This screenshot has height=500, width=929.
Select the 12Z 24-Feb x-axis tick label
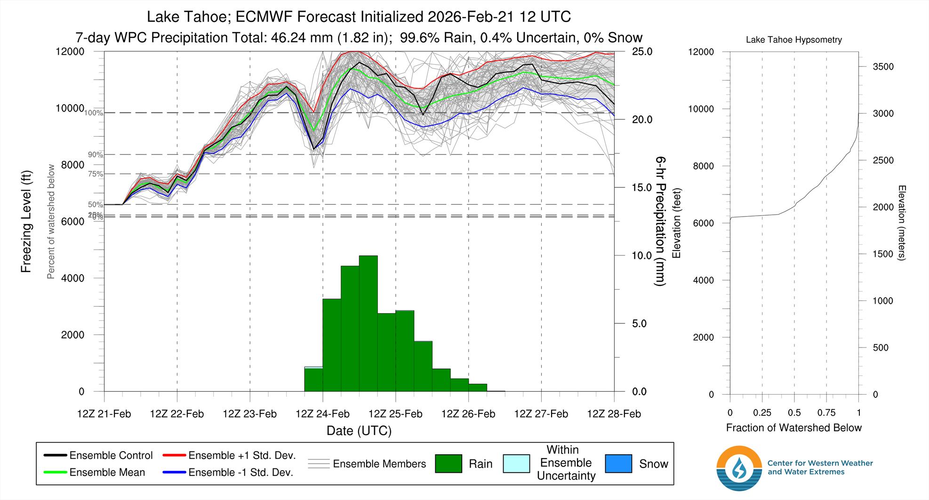tap(322, 414)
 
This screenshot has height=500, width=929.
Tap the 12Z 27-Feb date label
tap(541, 414)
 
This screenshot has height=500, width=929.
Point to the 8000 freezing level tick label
tap(70, 165)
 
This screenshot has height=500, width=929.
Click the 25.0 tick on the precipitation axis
tap(642, 52)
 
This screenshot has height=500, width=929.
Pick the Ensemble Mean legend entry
tap(94, 472)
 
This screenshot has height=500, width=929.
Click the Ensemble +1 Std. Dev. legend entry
tap(229, 455)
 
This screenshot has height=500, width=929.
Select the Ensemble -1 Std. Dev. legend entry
tap(228, 472)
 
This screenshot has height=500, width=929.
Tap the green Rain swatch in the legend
tap(448, 464)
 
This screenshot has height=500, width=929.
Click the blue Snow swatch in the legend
tap(618, 464)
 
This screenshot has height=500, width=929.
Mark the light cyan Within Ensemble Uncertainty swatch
tap(516, 464)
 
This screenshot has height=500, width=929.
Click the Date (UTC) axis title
tap(359, 431)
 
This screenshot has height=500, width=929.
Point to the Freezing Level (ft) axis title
tap(26, 222)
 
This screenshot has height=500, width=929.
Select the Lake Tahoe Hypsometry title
tap(793, 40)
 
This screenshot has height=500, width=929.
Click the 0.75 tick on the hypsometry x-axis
tap(826, 413)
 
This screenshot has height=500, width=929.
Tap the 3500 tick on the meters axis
tap(883, 67)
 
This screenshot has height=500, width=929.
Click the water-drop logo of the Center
tap(739, 468)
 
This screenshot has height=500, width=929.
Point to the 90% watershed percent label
tap(95, 155)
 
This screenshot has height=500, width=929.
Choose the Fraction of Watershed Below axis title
tap(793, 428)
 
